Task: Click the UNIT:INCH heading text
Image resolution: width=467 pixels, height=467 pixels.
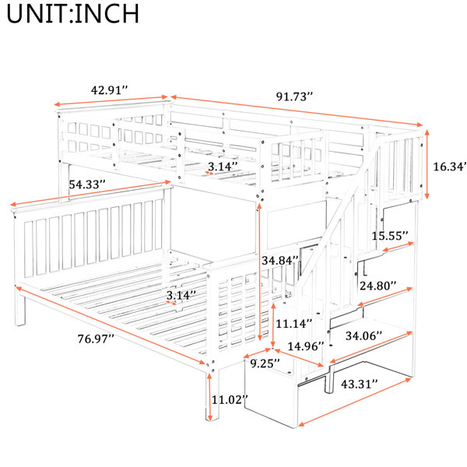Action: [x=72, y=14]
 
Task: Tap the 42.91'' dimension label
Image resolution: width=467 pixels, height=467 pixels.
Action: [x=109, y=90]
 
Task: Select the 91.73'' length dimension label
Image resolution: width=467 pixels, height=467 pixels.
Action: [x=294, y=97]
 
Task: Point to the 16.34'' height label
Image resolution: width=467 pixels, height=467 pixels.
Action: [x=449, y=167]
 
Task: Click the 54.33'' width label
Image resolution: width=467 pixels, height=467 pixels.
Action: [x=87, y=184]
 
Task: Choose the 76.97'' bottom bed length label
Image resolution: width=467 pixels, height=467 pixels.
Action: [x=96, y=339]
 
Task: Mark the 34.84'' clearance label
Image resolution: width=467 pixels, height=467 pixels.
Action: [x=280, y=260]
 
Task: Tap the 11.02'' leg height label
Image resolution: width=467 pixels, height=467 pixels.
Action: [x=230, y=399]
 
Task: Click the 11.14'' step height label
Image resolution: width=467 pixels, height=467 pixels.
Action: [x=294, y=323]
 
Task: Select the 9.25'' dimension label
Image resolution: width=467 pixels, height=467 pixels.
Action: [x=265, y=363]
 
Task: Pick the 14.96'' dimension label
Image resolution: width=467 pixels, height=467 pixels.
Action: [x=306, y=346]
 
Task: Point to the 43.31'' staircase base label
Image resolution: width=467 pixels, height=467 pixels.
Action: [x=360, y=384]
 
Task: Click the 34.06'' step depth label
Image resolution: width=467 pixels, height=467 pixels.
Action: [x=364, y=336]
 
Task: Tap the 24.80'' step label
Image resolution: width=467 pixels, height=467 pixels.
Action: [x=378, y=286]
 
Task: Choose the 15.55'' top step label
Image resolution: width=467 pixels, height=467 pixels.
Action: [x=390, y=236]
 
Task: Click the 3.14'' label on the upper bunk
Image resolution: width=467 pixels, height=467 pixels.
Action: [x=223, y=167]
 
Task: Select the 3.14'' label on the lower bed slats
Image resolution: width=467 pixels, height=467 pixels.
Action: [x=181, y=295]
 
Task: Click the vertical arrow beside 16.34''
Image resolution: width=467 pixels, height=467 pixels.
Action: [x=427, y=164]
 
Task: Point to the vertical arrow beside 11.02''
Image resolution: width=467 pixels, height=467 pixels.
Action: [x=209, y=396]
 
